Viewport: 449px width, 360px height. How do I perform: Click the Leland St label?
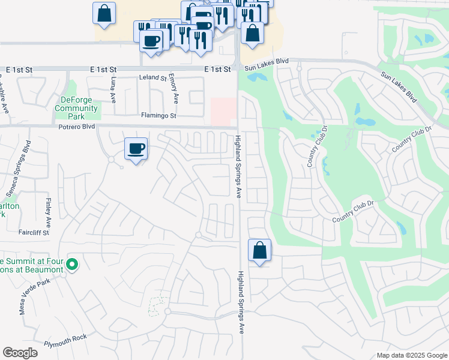click(x=152, y=78)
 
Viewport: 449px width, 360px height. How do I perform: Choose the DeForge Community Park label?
click(x=76, y=108)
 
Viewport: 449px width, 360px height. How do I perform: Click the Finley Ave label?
click(x=49, y=210)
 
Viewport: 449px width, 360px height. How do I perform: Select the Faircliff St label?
click(x=33, y=232)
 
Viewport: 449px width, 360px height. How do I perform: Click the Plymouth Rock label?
click(x=65, y=340)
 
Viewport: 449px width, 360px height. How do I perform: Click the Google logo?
click(x=20, y=352)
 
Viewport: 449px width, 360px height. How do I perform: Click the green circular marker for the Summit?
click(x=71, y=264)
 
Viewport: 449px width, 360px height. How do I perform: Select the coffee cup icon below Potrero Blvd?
click(x=136, y=149)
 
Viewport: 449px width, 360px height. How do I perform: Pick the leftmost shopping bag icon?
click(x=104, y=13)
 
